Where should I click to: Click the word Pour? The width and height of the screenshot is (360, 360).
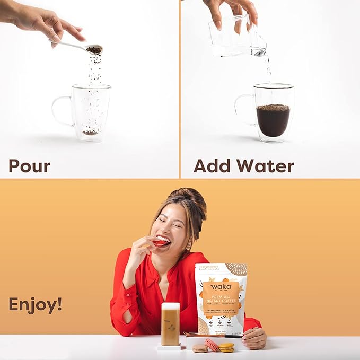(29, 165)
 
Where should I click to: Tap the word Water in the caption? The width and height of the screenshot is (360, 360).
(266, 165)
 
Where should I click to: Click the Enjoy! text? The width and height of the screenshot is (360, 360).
(35, 304)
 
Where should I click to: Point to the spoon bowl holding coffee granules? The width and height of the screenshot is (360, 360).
(94, 49)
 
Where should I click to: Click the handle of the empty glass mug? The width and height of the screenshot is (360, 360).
(60, 111)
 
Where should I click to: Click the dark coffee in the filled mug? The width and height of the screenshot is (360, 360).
(273, 120)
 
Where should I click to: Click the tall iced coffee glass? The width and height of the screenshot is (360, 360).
(170, 324)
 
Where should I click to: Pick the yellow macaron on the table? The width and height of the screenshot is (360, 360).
(226, 347)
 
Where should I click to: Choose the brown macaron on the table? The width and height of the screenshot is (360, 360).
(200, 348)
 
